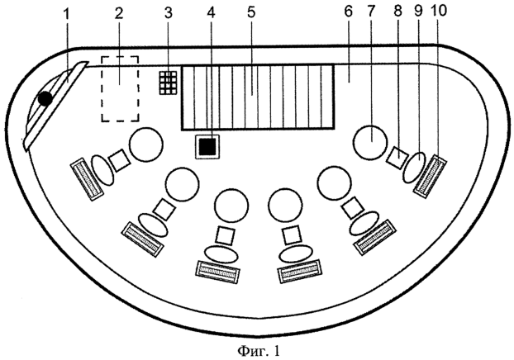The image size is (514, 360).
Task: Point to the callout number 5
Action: click(x=251, y=12)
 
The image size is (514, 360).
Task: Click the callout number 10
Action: click(x=440, y=10)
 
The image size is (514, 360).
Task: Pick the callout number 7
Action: click(x=370, y=12)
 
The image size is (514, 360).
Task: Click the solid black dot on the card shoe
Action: click(x=45, y=98)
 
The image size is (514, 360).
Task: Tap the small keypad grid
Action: click(x=168, y=83)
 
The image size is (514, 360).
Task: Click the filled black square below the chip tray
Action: click(x=207, y=146)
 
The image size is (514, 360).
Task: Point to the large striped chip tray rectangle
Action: click(x=258, y=97)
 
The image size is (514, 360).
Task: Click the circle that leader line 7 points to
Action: click(x=369, y=142)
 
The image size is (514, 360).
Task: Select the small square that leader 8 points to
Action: click(x=397, y=158)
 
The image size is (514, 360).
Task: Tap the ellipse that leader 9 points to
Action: click(x=415, y=167)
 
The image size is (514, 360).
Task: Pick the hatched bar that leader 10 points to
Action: click(x=430, y=176)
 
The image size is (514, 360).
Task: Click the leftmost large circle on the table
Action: click(x=146, y=144)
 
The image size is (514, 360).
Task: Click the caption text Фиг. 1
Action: click(x=259, y=351)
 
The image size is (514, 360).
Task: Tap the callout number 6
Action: click(x=349, y=12)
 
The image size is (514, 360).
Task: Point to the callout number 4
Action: click(x=212, y=12)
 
